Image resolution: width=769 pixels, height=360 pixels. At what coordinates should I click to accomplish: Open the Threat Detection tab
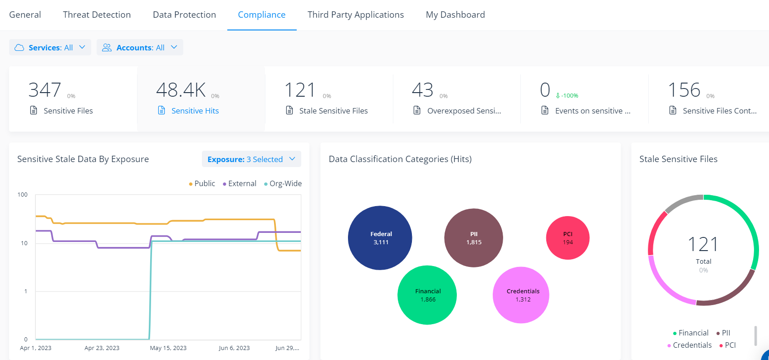point(97,15)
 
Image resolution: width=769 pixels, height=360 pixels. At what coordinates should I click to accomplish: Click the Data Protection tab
point(184,15)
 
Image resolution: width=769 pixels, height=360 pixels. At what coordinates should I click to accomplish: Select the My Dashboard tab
point(455,15)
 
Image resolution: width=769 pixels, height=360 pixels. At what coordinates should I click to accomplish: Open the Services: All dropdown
point(50,48)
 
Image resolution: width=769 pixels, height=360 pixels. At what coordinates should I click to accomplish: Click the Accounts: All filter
point(140,48)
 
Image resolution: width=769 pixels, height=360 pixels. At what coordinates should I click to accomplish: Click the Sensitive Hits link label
point(195,111)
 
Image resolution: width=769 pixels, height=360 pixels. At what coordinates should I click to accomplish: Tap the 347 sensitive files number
point(44,90)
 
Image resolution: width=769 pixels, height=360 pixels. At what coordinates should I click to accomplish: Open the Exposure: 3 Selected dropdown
point(251,159)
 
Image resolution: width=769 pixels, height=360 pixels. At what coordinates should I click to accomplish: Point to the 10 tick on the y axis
point(24,243)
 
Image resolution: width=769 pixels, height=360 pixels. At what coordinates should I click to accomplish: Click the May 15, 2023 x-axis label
point(168,348)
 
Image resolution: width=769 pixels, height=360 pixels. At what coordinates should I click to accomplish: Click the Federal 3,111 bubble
point(380,238)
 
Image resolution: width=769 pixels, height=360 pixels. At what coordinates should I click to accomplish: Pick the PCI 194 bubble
point(568,238)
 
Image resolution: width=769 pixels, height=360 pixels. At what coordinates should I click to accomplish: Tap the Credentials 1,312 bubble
point(521,295)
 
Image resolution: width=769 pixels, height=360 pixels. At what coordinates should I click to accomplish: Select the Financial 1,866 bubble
point(427,295)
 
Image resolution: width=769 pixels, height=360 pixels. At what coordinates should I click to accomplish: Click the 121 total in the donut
point(703,245)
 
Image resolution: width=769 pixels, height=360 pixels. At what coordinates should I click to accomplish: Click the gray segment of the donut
point(683,202)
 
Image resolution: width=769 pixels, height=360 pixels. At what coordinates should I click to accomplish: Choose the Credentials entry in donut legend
point(692,345)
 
